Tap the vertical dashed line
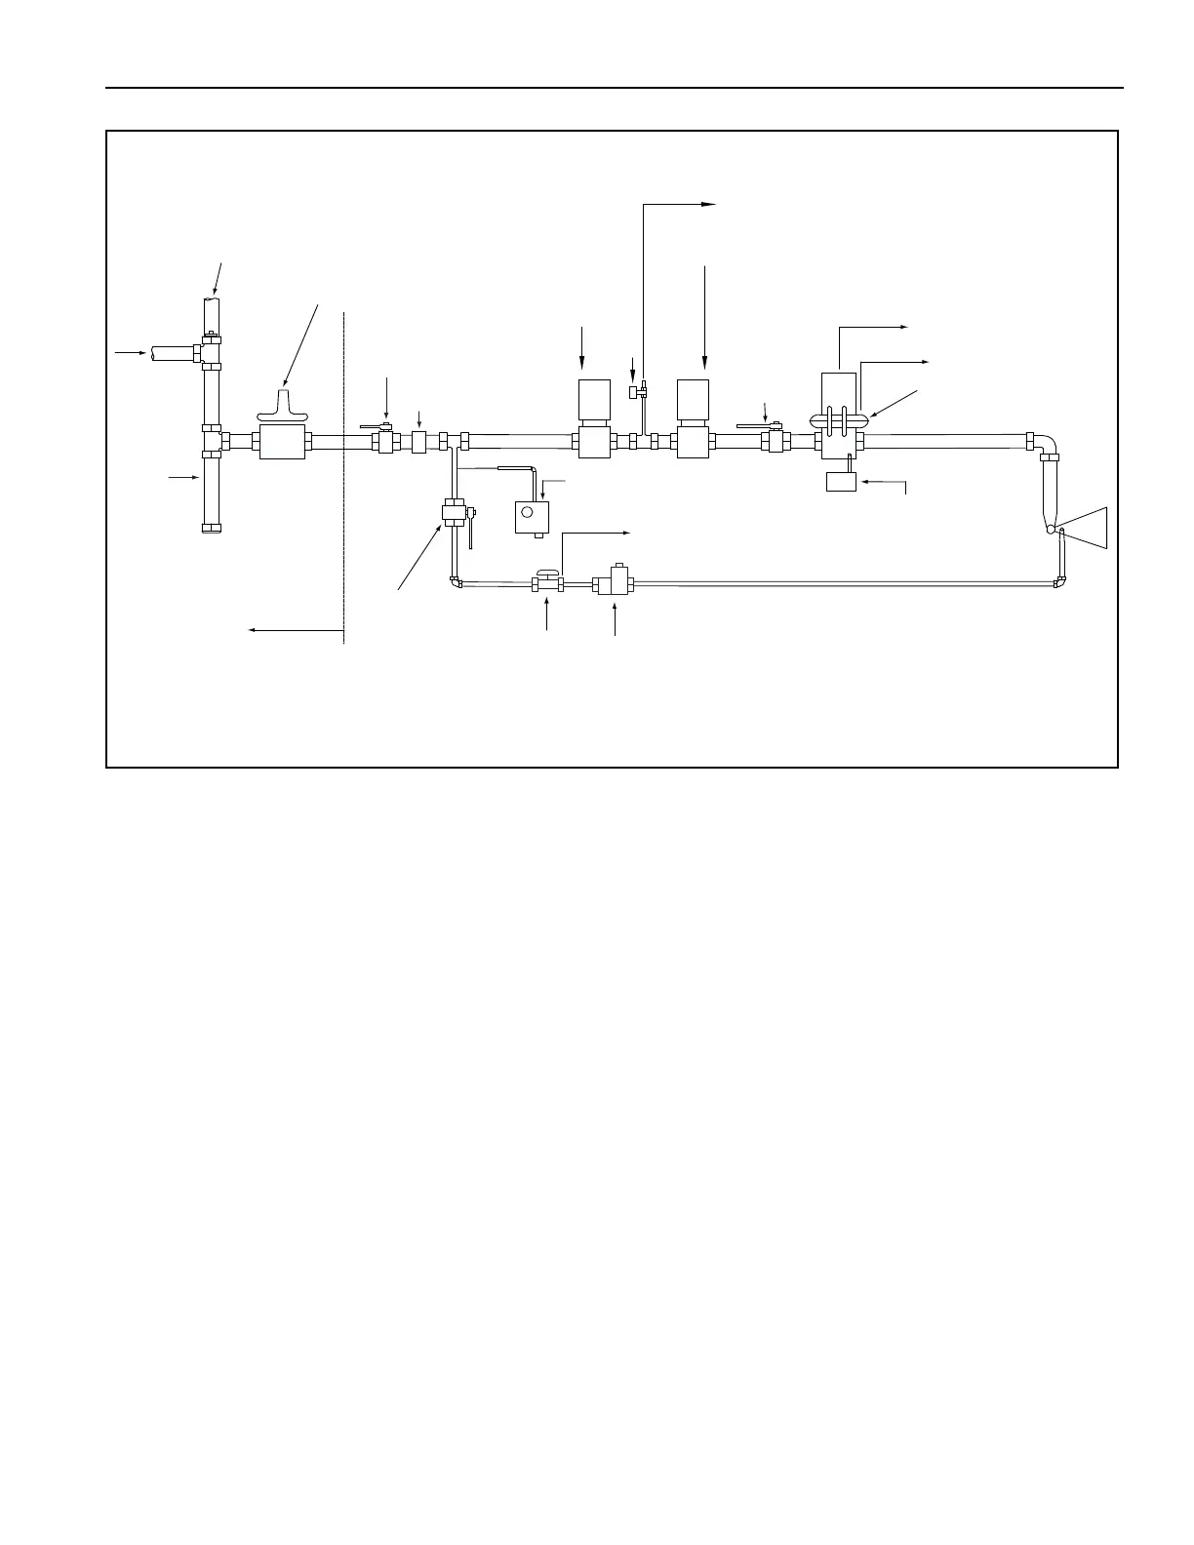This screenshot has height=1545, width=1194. click(x=344, y=478)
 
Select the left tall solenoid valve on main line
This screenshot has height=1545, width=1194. click(x=593, y=418)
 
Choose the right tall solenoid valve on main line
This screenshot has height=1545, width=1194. click(x=692, y=418)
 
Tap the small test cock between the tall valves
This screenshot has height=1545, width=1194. click(x=634, y=392)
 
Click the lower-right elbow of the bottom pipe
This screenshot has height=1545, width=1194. click(x=1059, y=583)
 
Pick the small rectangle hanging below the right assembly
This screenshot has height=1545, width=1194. click(x=841, y=481)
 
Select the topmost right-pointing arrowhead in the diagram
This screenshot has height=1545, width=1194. click(x=709, y=204)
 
